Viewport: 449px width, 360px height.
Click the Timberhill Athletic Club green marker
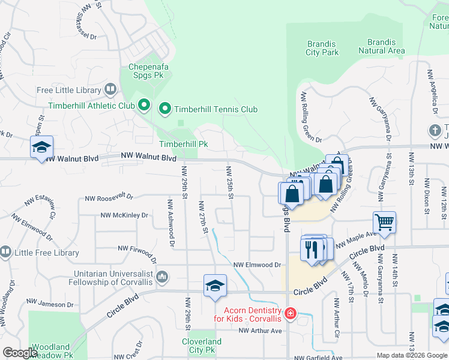[143, 106]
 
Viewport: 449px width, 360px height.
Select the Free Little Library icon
[110, 90]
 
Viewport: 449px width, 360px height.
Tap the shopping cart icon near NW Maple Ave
[384, 222]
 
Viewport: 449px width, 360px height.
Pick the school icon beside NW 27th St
[215, 286]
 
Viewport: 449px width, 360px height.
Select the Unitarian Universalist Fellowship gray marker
[161, 277]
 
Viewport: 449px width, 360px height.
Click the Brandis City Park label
[322, 48]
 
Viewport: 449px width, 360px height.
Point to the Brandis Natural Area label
[381, 47]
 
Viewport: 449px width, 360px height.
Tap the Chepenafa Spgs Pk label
[148, 73]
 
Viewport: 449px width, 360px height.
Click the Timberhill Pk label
[183, 144]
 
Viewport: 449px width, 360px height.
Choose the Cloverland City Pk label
[202, 346]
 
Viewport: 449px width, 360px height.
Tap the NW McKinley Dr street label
[124, 215]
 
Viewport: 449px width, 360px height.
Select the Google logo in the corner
[20, 353]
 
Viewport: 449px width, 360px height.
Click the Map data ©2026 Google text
[411, 355]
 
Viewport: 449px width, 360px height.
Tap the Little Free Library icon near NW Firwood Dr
[5, 253]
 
